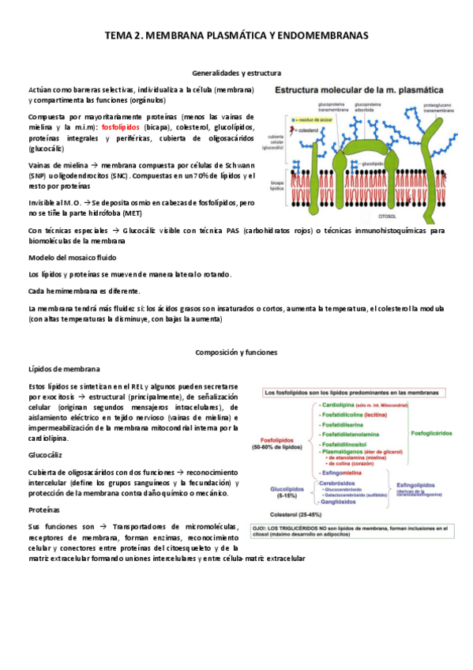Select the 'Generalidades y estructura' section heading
236,72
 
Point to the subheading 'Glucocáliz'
47,455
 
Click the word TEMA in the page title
119,36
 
